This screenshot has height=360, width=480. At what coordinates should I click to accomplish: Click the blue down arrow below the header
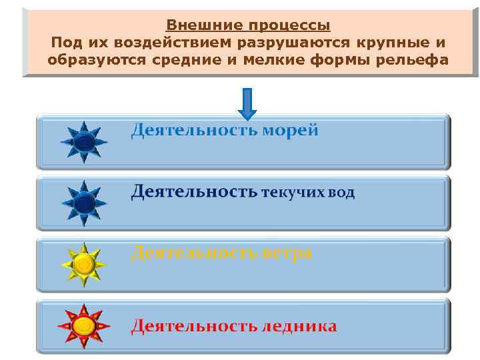click(x=247, y=103)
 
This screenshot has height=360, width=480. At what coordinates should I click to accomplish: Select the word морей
click(x=290, y=130)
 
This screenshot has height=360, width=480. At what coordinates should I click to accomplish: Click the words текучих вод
click(x=307, y=193)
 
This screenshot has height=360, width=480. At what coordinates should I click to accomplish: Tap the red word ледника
click(x=299, y=327)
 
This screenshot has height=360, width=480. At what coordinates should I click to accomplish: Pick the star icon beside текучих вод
click(x=83, y=203)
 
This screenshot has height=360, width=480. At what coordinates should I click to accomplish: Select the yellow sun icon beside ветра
click(x=83, y=265)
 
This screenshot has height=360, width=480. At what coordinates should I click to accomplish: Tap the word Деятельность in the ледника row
click(x=193, y=327)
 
